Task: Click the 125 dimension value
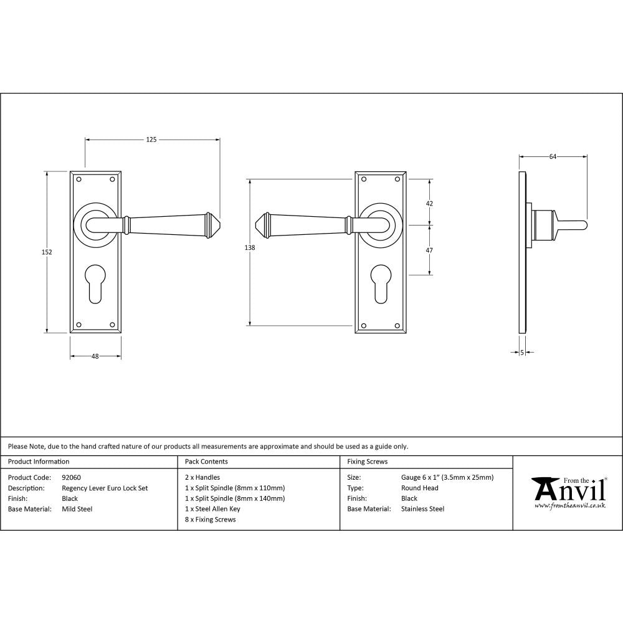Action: pyautogui.click(x=151, y=140)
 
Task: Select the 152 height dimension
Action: pyautogui.click(x=47, y=252)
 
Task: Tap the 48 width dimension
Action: pyautogui.click(x=95, y=356)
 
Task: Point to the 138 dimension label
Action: pyautogui.click(x=250, y=247)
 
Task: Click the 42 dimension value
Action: pyautogui.click(x=429, y=203)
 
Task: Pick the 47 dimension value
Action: pyautogui.click(x=429, y=250)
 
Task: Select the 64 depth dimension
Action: pyautogui.click(x=552, y=156)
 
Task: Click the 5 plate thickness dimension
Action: pyautogui.click(x=522, y=353)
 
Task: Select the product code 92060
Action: pyautogui.click(x=72, y=478)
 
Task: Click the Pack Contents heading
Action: pyautogui.click(x=206, y=462)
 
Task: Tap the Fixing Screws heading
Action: pyautogui.click(x=367, y=462)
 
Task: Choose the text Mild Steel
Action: pyautogui.click(x=77, y=509)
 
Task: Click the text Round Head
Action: pyautogui.click(x=420, y=488)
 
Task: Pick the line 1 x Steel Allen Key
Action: pyautogui.click(x=212, y=509)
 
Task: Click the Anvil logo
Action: pyautogui.click(x=568, y=492)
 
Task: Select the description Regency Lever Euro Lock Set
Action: pyautogui.click(x=105, y=488)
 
